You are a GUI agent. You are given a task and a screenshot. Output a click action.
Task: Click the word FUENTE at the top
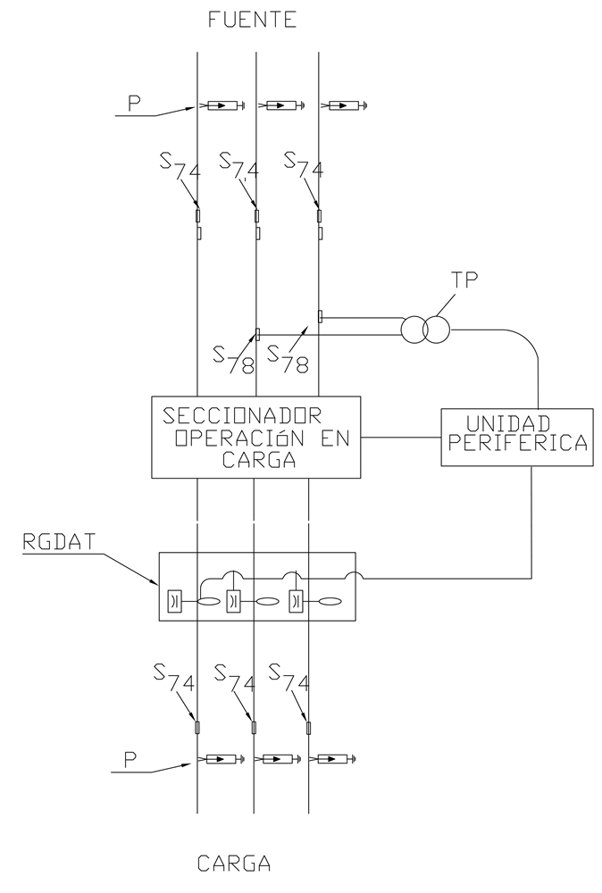252,21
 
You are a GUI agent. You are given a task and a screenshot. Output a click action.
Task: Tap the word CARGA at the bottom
233,864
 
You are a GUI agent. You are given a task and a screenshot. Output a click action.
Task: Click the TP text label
464,279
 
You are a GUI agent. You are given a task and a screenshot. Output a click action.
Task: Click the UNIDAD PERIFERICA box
517,438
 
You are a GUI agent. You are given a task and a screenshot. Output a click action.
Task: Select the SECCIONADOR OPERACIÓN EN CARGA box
256,437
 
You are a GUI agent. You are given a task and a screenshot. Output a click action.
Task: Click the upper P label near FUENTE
134,102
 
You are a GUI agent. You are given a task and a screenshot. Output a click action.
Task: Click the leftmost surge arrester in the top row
223,106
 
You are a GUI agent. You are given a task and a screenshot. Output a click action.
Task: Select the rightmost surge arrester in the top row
344,106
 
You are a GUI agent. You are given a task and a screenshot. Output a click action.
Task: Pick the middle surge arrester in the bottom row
281,760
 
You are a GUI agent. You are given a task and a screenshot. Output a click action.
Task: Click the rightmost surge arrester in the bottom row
336,760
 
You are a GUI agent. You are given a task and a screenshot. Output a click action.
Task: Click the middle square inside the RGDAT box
234,601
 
